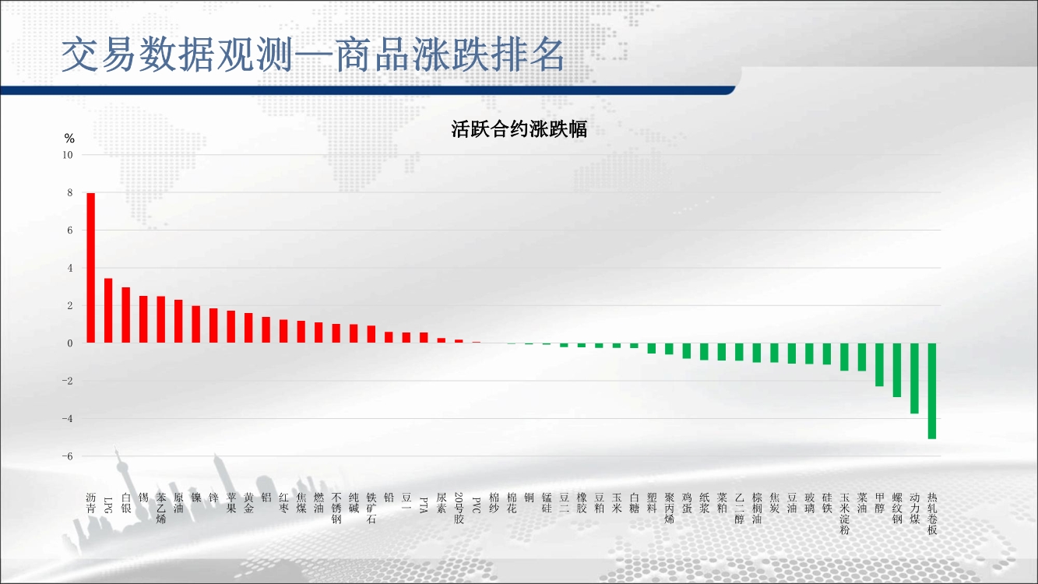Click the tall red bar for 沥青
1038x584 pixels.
click(x=91, y=268)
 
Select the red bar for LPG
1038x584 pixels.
click(x=108, y=311)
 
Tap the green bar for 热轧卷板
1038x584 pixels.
click(x=932, y=391)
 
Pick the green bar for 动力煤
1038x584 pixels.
click(x=914, y=378)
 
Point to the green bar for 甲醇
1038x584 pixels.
click(x=879, y=364)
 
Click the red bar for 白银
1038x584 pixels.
click(x=126, y=315)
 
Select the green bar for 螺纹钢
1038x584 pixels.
click(x=897, y=370)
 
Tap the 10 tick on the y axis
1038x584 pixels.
click(x=68, y=155)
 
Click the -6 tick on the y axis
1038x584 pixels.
click(x=68, y=456)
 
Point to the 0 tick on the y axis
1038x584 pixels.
click(x=70, y=343)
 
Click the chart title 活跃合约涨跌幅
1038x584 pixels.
click(x=519, y=128)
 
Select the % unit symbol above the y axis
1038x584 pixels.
click(x=69, y=138)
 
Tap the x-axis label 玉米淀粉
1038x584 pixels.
click(x=844, y=514)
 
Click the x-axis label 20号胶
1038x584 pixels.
click(x=459, y=508)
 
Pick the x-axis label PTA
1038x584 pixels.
click(x=424, y=505)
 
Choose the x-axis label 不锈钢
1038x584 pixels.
click(x=336, y=508)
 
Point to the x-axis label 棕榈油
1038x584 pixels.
click(x=757, y=508)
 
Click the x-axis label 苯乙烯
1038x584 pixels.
click(x=160, y=508)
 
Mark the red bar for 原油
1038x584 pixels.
click(x=178, y=321)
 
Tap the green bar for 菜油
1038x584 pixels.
click(x=862, y=357)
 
